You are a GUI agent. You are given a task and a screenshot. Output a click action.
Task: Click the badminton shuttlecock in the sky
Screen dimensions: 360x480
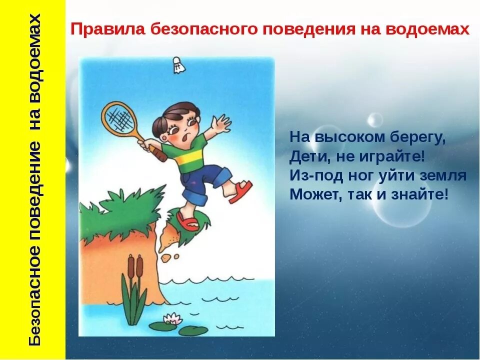click(177, 65)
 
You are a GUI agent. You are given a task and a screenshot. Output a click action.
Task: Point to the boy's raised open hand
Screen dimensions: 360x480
click(219, 123)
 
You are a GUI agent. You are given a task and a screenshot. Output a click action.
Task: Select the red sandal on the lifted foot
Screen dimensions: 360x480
click(240, 191)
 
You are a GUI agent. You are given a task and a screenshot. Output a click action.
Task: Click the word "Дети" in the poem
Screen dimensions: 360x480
click(306, 156)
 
